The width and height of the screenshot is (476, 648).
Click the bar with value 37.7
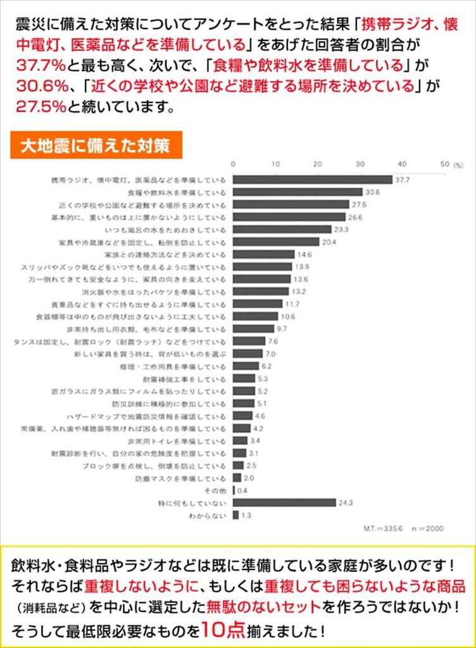coord(313,180)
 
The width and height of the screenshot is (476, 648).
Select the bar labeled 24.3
coord(284,502)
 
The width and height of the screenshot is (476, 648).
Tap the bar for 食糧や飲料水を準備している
coord(297,192)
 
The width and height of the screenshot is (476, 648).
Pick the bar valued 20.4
coord(276,242)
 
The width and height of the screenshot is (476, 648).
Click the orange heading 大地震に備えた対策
coord(96,146)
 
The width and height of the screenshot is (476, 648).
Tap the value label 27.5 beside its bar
coord(360,204)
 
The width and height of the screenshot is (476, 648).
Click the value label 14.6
coord(304,254)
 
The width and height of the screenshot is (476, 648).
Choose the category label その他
coord(215,490)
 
